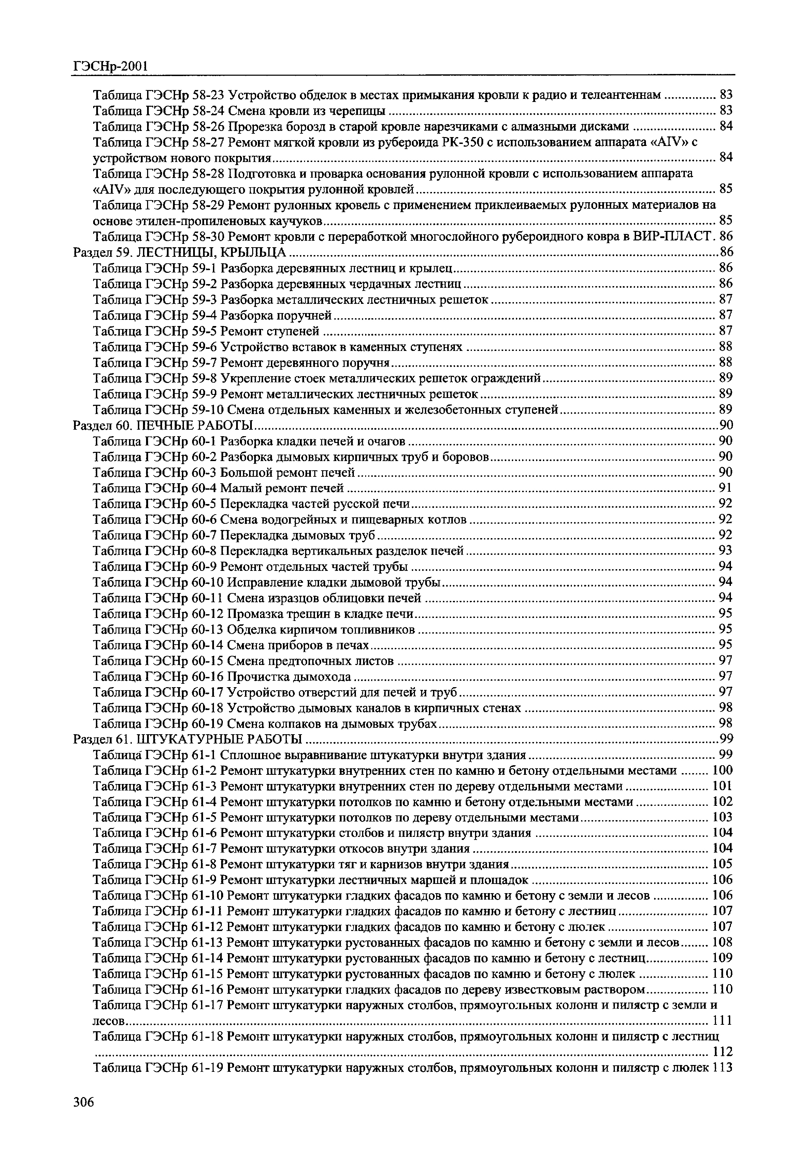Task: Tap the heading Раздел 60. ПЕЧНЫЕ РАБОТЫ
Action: (x=163, y=425)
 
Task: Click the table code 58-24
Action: (x=208, y=110)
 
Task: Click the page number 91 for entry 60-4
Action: (x=725, y=488)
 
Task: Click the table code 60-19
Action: (x=208, y=724)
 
